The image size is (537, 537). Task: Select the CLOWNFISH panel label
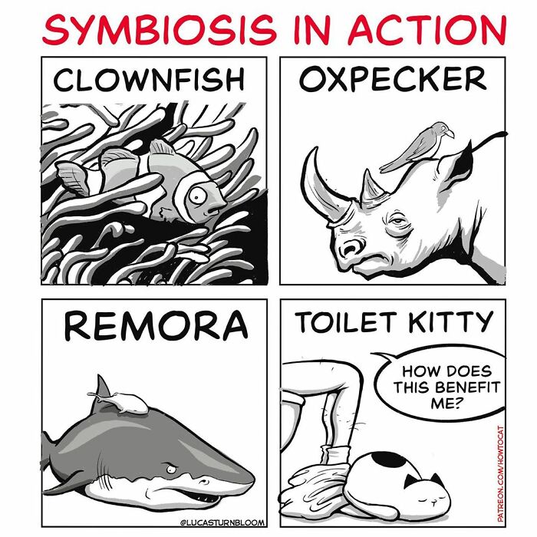pyautogui.click(x=150, y=79)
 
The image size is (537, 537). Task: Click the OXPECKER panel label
pyautogui.click(x=393, y=78)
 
